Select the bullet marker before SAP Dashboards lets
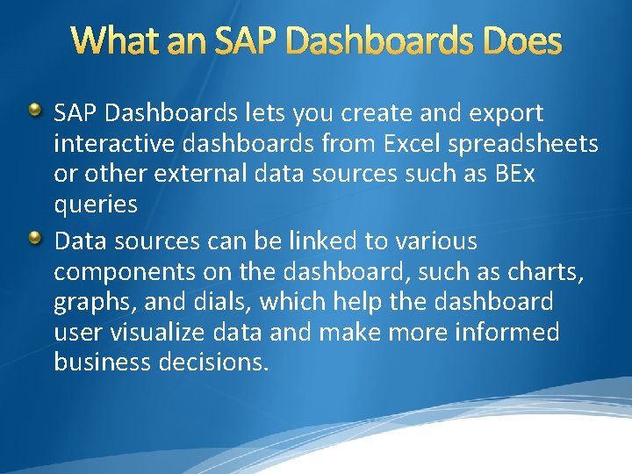click(34, 111)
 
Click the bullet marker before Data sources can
click(34, 238)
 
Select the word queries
click(96, 205)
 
